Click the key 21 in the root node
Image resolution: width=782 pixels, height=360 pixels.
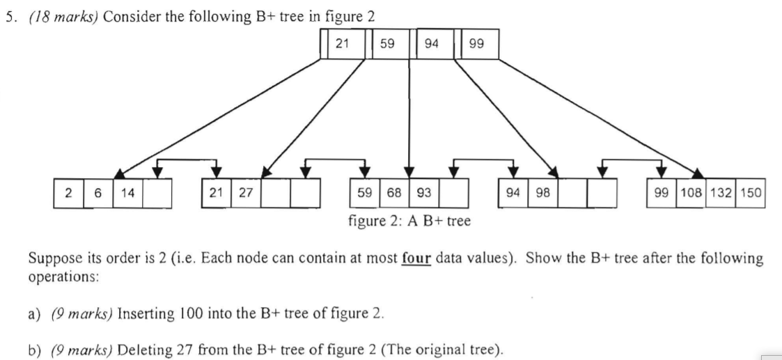point(343,44)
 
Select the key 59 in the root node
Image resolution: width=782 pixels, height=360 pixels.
point(387,44)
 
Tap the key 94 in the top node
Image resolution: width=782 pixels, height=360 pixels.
point(432,44)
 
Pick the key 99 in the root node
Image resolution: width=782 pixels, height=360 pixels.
point(477,44)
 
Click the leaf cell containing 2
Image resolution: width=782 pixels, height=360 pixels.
point(68,193)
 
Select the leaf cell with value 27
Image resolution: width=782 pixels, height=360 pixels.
point(246,193)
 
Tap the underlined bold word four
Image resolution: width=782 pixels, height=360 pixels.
point(416,258)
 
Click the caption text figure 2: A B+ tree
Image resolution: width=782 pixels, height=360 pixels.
point(409,221)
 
